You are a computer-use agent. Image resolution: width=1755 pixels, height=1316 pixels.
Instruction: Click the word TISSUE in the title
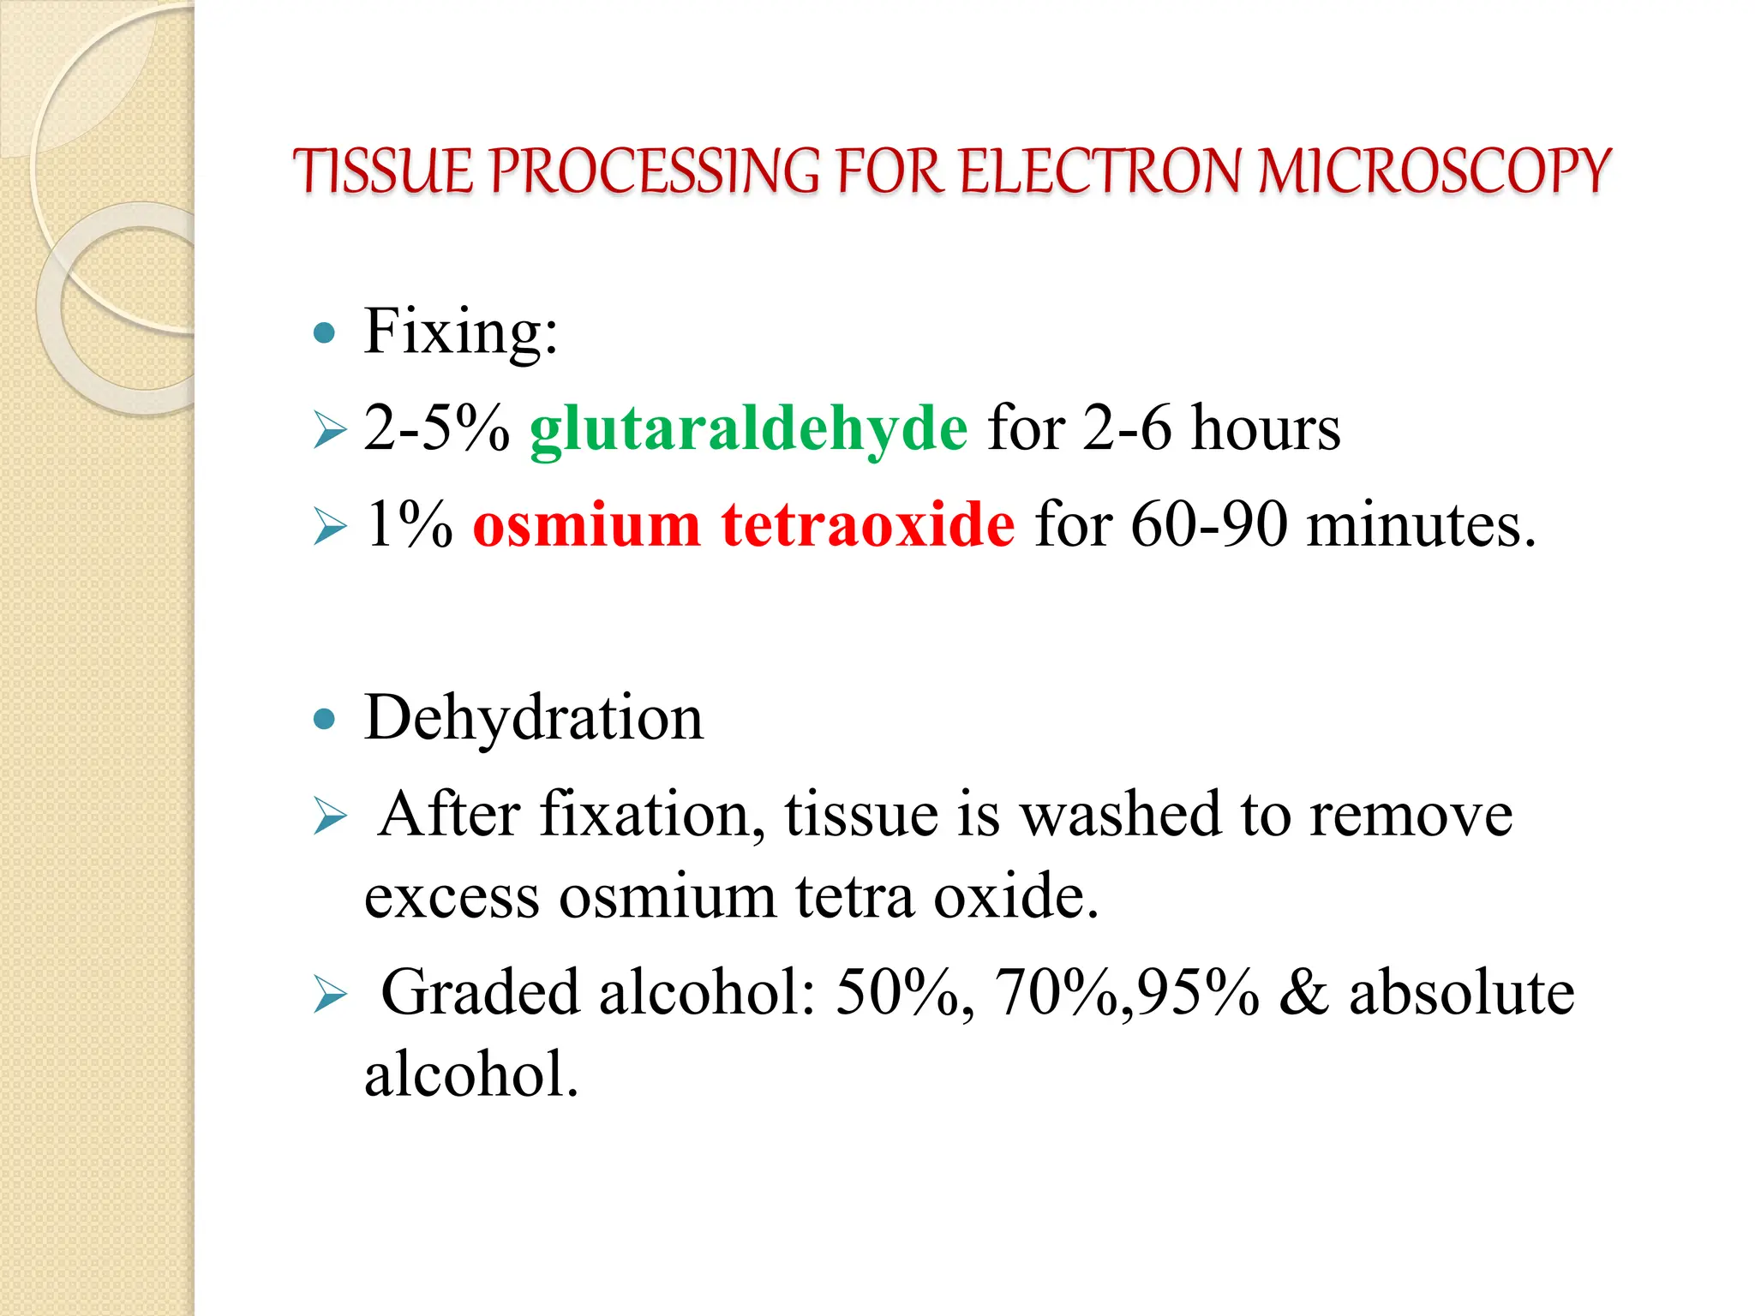tap(382, 171)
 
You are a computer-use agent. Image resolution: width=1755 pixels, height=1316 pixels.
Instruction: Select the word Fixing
tap(460, 332)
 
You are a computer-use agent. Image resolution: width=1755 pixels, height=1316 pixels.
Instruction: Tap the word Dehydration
tap(533, 718)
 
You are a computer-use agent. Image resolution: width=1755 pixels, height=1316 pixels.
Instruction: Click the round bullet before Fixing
tap(324, 333)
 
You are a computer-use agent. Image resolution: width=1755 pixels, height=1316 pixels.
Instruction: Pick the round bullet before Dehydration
tap(324, 719)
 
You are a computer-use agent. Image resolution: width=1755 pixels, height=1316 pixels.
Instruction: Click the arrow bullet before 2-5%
tap(330, 430)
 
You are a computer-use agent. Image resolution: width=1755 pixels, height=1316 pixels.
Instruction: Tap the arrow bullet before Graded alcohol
tap(330, 995)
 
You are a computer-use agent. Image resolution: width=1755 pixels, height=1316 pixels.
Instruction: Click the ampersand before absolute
tap(1303, 994)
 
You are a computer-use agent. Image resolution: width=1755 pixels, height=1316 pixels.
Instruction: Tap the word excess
tap(452, 898)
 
